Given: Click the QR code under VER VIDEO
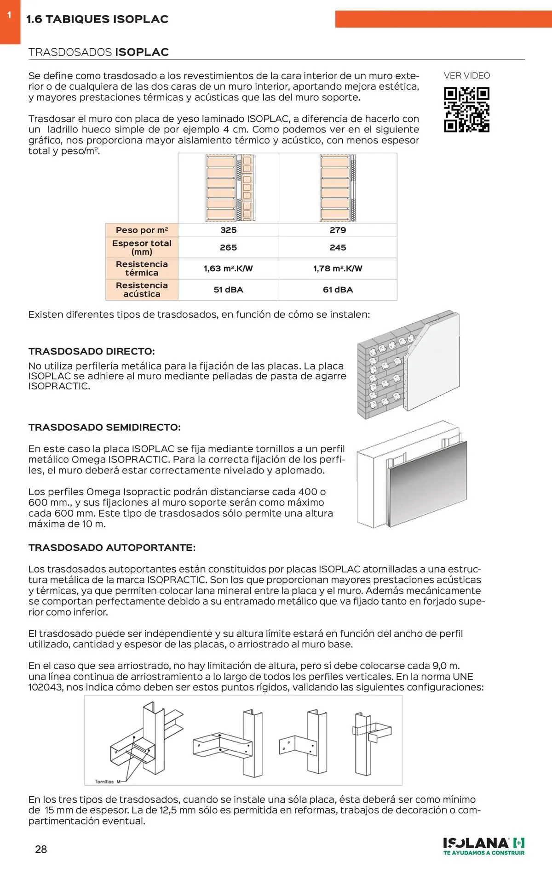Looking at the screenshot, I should coord(466,110).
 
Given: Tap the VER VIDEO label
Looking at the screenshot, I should coord(467,76).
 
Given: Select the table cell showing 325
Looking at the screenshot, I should coord(228,230).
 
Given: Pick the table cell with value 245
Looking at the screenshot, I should coord(338,248).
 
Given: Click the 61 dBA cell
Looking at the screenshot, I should coord(338,290).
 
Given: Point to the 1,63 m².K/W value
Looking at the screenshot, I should coord(228,269).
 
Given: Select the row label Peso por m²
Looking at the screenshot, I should coord(142,230).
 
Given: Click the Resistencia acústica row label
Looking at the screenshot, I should coord(142,290).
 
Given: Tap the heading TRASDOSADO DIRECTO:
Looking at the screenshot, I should coord(92,352).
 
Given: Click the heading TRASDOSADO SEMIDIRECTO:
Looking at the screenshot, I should coord(104,428).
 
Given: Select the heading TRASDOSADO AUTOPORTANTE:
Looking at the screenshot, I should coord(112,548).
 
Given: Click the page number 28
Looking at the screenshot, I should coord(41,849).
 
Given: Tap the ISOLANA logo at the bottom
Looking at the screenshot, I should coord(483,845).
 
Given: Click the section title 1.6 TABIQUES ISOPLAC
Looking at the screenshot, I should coord(97,19).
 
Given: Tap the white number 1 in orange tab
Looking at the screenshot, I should coord(9,15).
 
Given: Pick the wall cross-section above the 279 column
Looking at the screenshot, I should coord(338,188).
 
